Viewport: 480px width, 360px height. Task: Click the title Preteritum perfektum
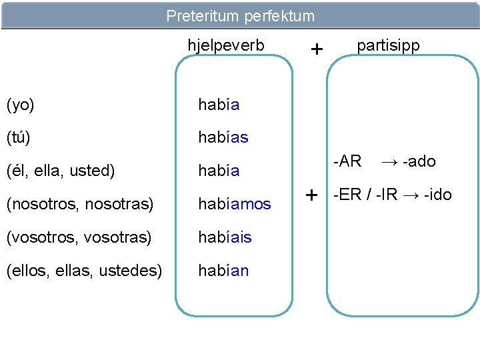pyautogui.click(x=240, y=15)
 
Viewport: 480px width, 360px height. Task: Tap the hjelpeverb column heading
pyautogui.click(x=226, y=46)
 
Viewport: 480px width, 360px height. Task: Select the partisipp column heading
pyautogui.click(x=388, y=46)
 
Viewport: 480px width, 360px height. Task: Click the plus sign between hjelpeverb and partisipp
pyautogui.click(x=317, y=49)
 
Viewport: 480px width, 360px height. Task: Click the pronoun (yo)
pyautogui.click(x=20, y=105)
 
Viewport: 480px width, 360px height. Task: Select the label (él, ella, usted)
pyautogui.click(x=60, y=171)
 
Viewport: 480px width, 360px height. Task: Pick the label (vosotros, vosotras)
pyautogui.click(x=78, y=237)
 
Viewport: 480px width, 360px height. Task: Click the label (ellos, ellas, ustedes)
pyautogui.click(x=83, y=271)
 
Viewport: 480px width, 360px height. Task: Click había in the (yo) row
pyautogui.click(x=219, y=105)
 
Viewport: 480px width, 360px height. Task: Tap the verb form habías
pyautogui.click(x=223, y=137)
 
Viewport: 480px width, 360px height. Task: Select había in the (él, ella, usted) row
pyautogui.click(x=219, y=171)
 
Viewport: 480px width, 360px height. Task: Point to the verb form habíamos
pyautogui.click(x=234, y=204)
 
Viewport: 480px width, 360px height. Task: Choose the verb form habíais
pyautogui.click(x=225, y=237)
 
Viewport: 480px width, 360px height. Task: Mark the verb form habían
pyautogui.click(x=223, y=271)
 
